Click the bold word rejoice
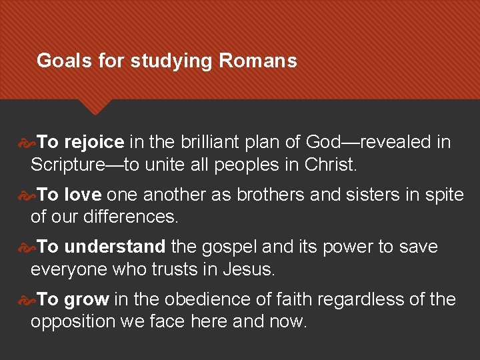point(94,142)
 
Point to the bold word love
point(83,195)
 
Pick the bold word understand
point(115,247)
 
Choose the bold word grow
point(87,299)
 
